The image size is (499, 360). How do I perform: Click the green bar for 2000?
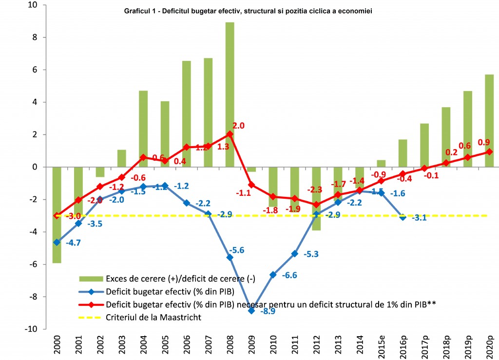57,214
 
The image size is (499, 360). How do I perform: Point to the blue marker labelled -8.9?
251,310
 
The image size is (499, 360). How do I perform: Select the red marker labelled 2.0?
230,134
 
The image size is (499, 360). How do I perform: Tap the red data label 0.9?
484,142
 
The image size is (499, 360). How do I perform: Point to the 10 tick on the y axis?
36,5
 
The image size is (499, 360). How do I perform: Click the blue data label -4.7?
74,244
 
